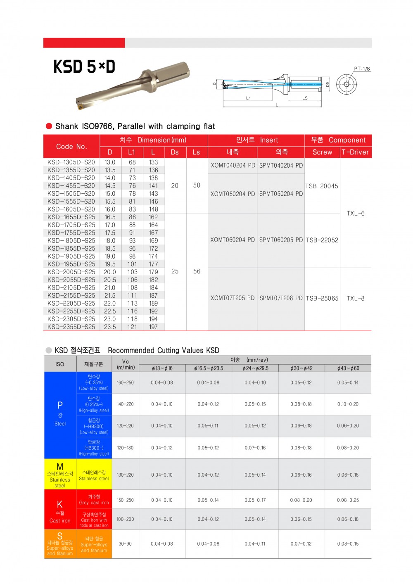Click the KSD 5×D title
click(x=84, y=66)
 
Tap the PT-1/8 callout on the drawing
click(x=362, y=69)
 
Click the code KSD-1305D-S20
click(x=71, y=162)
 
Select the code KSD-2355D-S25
click(x=71, y=327)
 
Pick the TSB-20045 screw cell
click(x=322, y=186)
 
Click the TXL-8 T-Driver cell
click(x=355, y=298)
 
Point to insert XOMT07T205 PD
click(x=233, y=298)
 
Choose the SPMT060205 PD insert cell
click(x=281, y=240)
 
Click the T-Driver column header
click(x=355, y=152)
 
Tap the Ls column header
click(x=196, y=152)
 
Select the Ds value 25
click(x=175, y=271)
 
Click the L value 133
click(x=153, y=162)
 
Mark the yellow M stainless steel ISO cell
click(x=60, y=474)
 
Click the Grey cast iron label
click(x=94, y=503)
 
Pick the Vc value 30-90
click(x=125, y=544)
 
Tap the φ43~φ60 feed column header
click(x=348, y=368)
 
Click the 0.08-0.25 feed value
click(x=348, y=500)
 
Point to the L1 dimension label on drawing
click(x=248, y=98)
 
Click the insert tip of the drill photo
click(x=80, y=107)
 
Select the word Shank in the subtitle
click(x=66, y=126)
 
